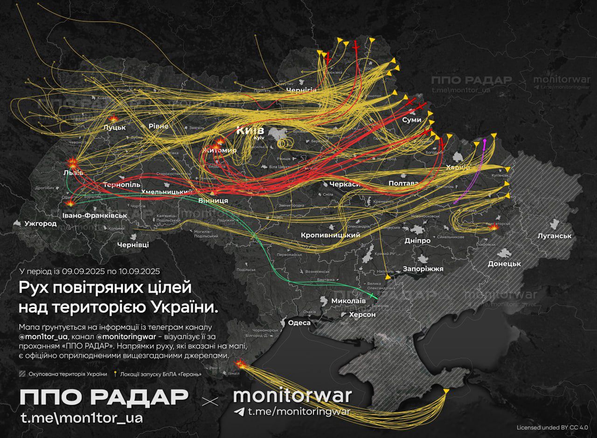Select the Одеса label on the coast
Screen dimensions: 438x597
(299, 323)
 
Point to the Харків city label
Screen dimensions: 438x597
(458, 167)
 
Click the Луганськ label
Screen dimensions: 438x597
(554, 236)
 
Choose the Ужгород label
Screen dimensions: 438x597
(41, 224)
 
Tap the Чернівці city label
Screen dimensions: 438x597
(133, 245)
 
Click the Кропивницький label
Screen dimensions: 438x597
(331, 235)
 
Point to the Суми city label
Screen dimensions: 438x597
(411, 120)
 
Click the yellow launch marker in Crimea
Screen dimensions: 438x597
(446, 390)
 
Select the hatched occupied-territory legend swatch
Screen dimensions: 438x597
(22, 374)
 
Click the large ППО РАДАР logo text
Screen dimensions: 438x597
(104, 397)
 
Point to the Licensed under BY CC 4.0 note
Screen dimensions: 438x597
(552, 427)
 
